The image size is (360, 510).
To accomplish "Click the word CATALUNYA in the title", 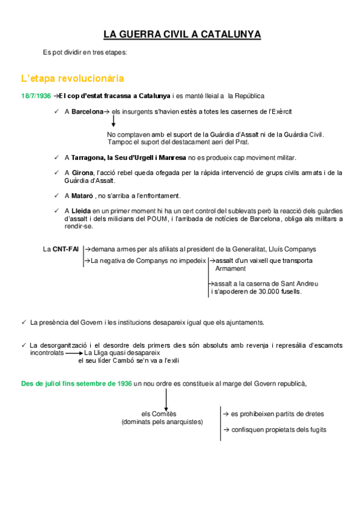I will [x=230, y=34].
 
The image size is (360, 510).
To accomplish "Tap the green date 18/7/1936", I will [x=35, y=96].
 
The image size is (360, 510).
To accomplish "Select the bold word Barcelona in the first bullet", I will [x=87, y=112].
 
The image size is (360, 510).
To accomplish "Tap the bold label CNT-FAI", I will [x=66, y=249].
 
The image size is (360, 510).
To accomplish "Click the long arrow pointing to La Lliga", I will [x=74, y=354].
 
